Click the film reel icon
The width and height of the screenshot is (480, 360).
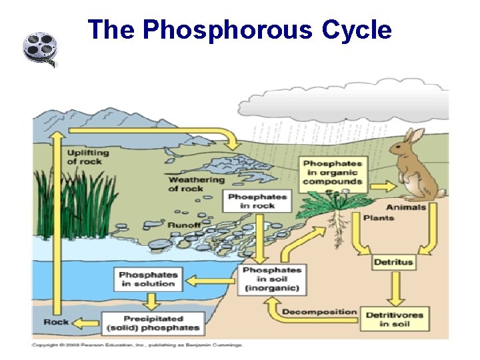coord(40,49)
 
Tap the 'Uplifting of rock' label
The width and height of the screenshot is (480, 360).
coord(87,157)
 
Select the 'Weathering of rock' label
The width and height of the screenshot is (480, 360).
coord(196,183)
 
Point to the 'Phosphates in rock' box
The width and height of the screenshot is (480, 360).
coord(257,201)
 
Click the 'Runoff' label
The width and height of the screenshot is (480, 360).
coord(184,225)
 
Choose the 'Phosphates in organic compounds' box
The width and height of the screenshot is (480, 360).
coord(333,172)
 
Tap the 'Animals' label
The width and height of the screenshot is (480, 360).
coord(405,207)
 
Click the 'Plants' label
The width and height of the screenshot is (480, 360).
coord(379,217)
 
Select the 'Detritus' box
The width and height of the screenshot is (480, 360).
coord(393,262)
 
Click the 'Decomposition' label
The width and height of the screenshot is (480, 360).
coord(319,312)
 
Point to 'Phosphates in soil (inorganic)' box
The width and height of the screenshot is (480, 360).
coord(271,279)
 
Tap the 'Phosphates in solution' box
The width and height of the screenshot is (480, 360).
coord(149,279)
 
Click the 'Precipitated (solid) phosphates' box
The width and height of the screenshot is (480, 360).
coord(153,323)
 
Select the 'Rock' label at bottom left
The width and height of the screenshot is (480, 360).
coord(56,322)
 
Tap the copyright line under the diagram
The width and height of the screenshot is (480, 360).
coord(137,345)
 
